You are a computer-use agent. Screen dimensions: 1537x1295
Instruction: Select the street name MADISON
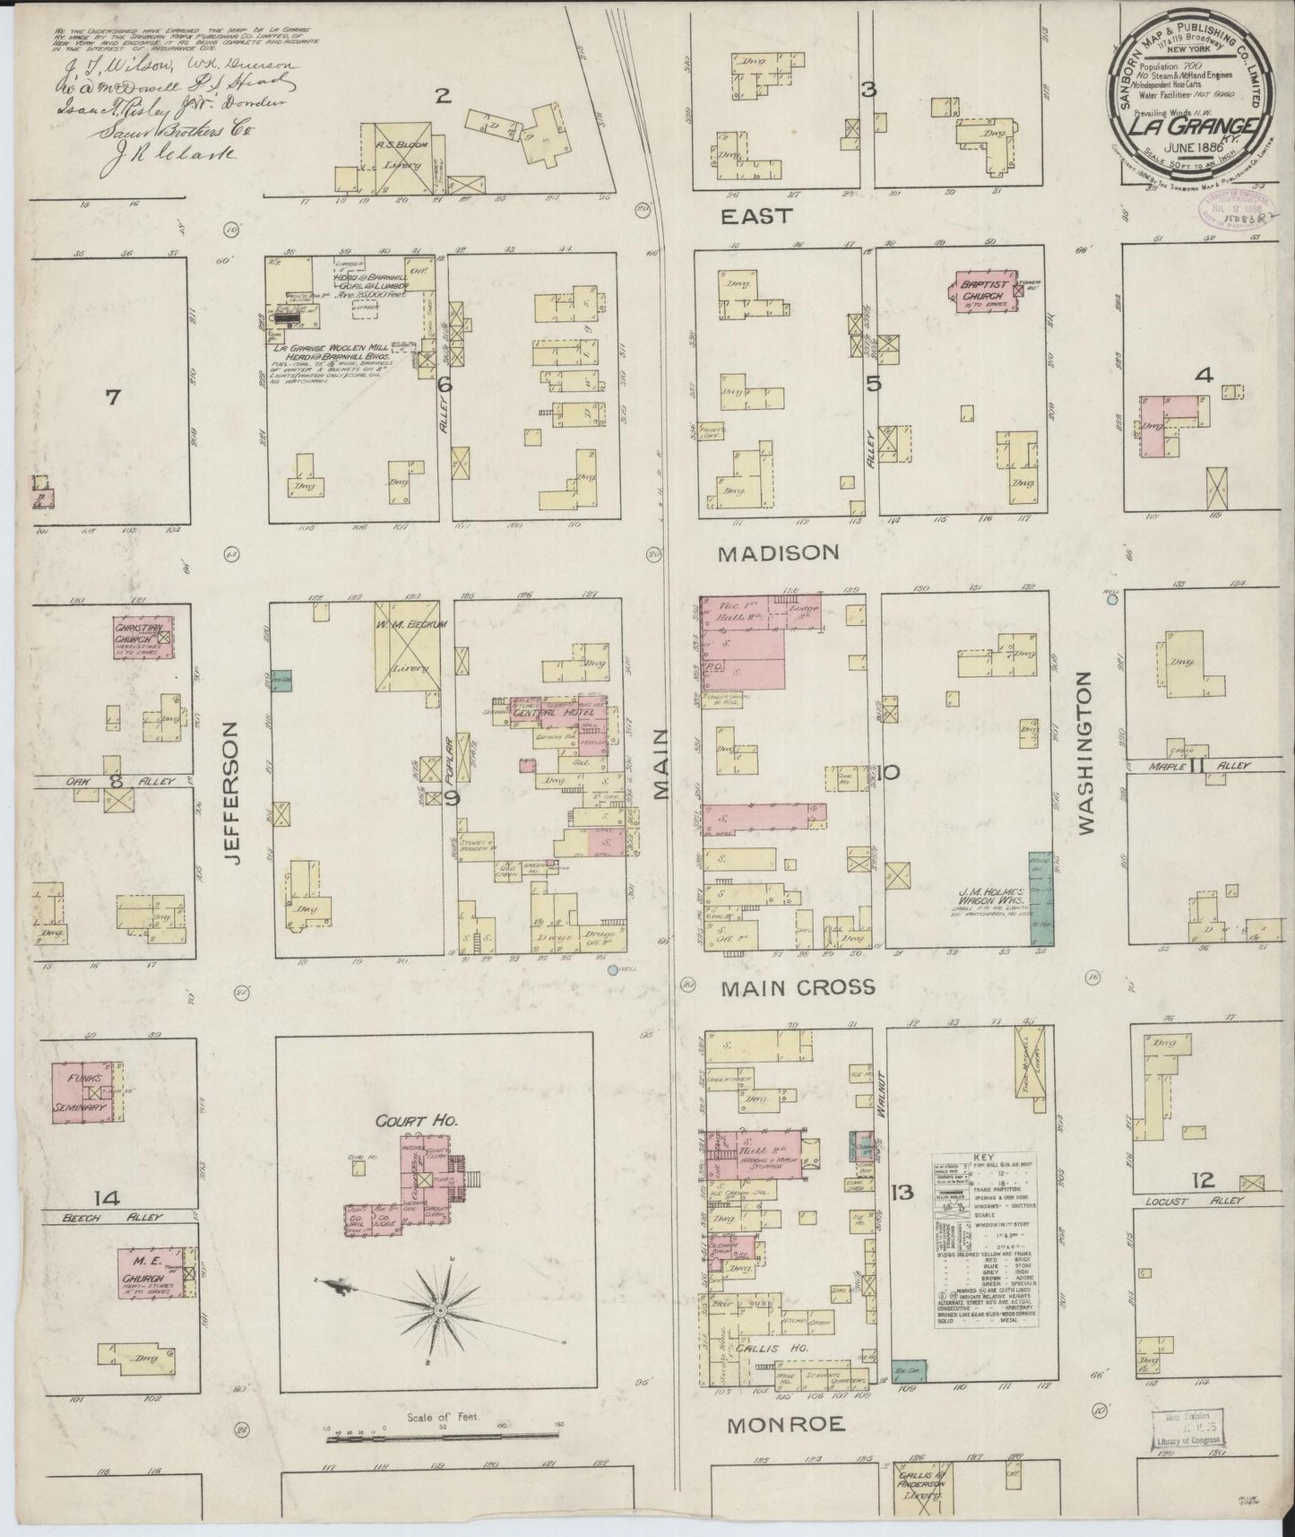(x=778, y=553)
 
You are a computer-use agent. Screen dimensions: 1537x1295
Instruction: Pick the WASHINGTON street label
(x=1087, y=752)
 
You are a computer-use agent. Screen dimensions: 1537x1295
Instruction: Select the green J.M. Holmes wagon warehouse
(x=1040, y=898)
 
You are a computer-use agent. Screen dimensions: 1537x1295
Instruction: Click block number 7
(x=112, y=396)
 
